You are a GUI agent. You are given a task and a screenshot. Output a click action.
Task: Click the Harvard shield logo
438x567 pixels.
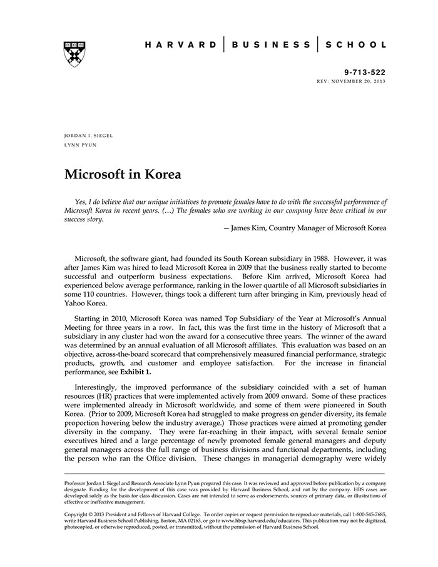74,54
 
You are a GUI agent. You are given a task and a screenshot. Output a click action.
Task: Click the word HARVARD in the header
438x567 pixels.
181,45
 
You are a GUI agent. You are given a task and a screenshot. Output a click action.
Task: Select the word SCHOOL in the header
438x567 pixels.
358,45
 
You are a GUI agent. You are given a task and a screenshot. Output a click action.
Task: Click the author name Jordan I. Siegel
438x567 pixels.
88,136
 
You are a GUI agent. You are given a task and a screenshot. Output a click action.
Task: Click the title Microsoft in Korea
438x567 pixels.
123,174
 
